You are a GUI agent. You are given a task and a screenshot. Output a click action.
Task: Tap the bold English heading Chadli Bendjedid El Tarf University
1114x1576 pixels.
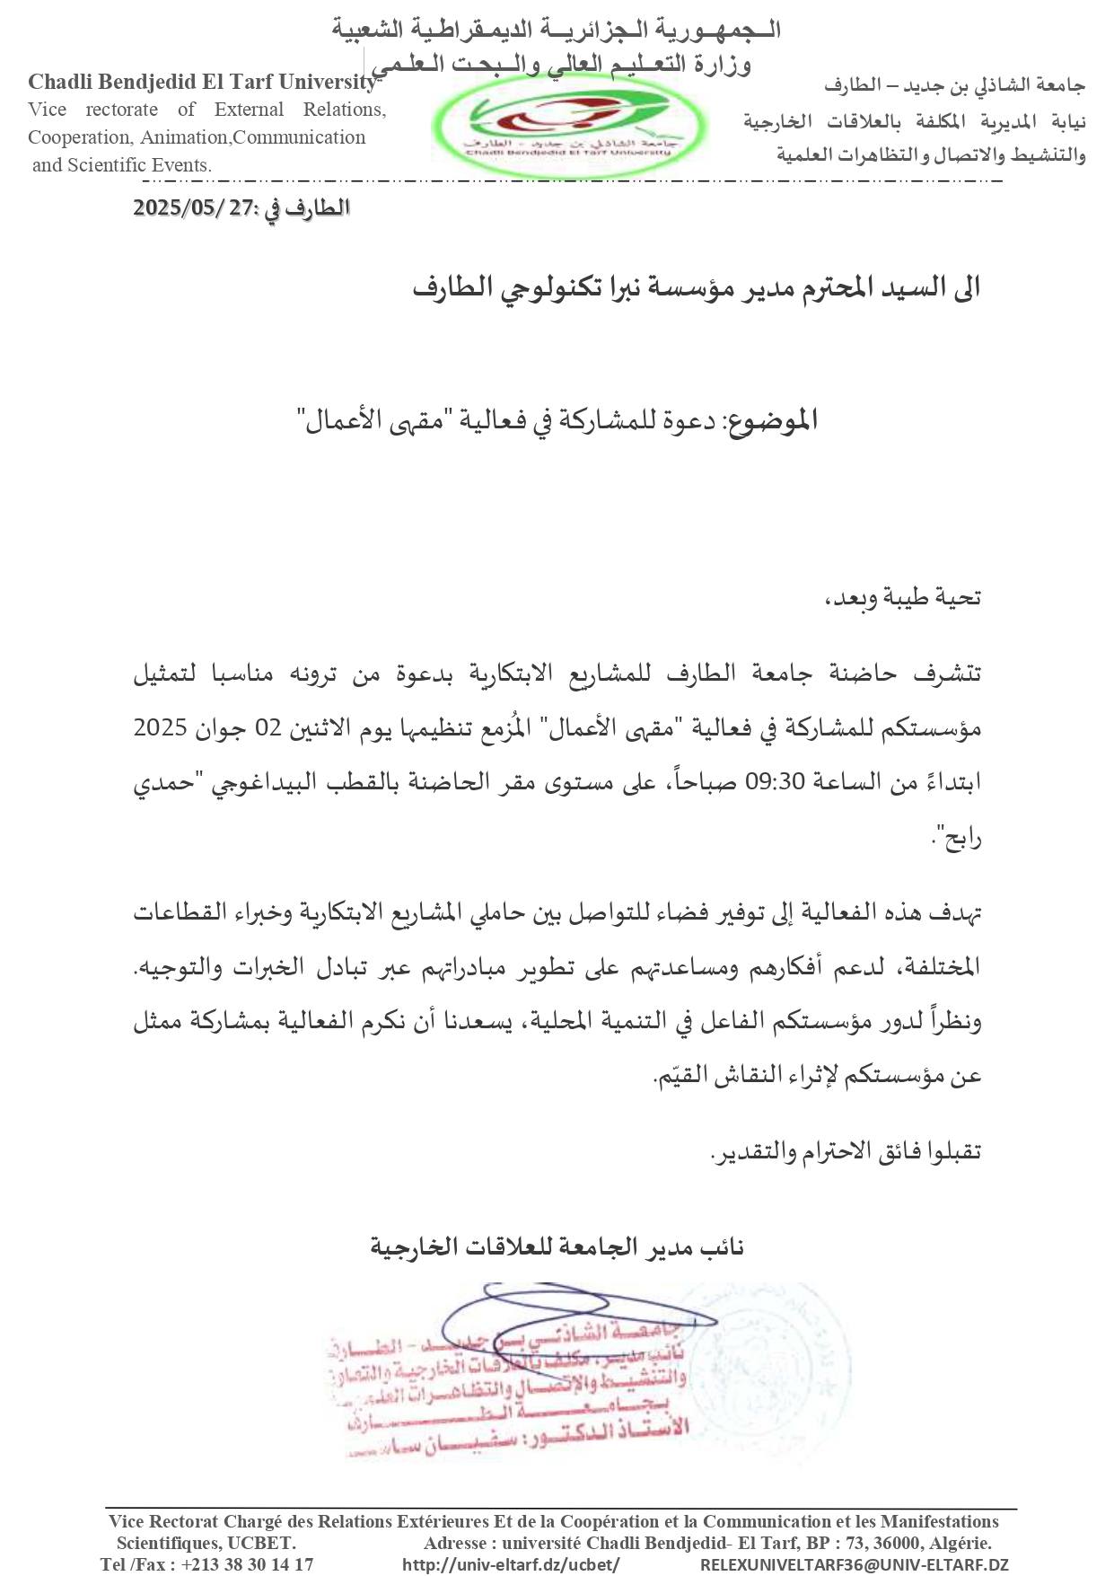pyautogui.click(x=202, y=82)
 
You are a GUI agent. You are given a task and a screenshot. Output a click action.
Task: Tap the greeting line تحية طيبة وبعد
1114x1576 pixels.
pyautogui.click(x=902, y=597)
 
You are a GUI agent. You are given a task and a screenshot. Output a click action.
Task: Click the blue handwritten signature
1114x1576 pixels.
pyautogui.click(x=575, y=1320)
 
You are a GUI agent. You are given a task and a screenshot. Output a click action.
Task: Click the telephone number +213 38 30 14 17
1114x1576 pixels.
pyautogui.click(x=247, y=1563)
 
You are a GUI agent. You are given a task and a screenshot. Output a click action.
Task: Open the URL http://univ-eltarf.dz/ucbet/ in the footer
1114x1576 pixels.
pyautogui.click(x=511, y=1563)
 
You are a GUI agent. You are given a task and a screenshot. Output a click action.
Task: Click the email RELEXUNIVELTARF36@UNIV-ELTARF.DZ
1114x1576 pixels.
pyautogui.click(x=854, y=1563)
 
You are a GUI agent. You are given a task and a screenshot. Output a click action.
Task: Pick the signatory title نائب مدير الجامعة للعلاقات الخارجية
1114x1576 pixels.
pyautogui.click(x=557, y=1246)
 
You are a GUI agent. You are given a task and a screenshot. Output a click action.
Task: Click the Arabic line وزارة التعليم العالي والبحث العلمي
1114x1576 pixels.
pyautogui.click(x=562, y=64)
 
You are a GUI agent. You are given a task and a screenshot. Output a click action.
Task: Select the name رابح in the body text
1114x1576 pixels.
pyautogui.click(x=960, y=839)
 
